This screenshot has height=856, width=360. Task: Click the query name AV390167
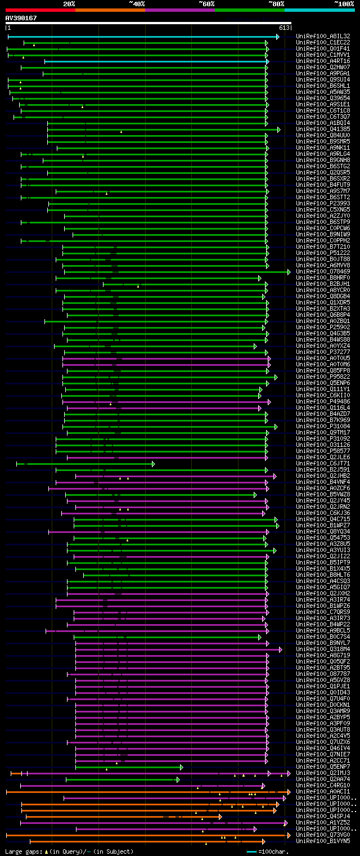pos(21,18)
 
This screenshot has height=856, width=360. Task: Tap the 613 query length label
pos(283,28)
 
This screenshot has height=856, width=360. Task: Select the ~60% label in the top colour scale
pos(206,4)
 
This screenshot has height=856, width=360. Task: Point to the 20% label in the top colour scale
pos(69,4)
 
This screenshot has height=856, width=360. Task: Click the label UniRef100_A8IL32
pos(323,37)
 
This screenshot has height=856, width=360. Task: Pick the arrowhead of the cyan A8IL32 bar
pos(277,37)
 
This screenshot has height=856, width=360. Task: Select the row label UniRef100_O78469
pos(323,272)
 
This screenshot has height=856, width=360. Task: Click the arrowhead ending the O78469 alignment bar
pos(289,272)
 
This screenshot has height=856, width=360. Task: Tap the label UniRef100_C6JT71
pos(323,464)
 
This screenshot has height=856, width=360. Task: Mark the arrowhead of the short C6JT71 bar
pos(153,464)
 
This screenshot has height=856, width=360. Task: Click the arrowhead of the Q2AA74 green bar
pos(178,779)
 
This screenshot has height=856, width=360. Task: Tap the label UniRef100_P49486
pos(323,402)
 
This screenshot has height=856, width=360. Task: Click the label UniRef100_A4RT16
pos(323,61)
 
